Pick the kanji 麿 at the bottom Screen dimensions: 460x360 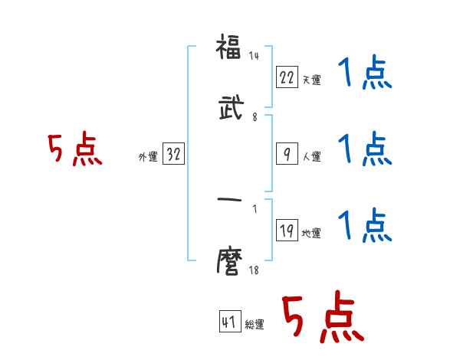(x=229, y=263)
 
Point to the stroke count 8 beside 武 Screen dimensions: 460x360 (x=255, y=118)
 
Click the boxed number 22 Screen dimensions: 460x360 (x=286, y=77)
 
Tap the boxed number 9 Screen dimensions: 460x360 (x=286, y=154)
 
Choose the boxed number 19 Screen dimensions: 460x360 (x=286, y=231)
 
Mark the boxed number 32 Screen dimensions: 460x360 (x=173, y=155)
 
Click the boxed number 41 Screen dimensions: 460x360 (x=229, y=322)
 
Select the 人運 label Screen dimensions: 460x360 (x=311, y=157)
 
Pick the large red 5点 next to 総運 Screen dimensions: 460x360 (x=323, y=319)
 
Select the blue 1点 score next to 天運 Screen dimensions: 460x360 (x=365, y=74)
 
